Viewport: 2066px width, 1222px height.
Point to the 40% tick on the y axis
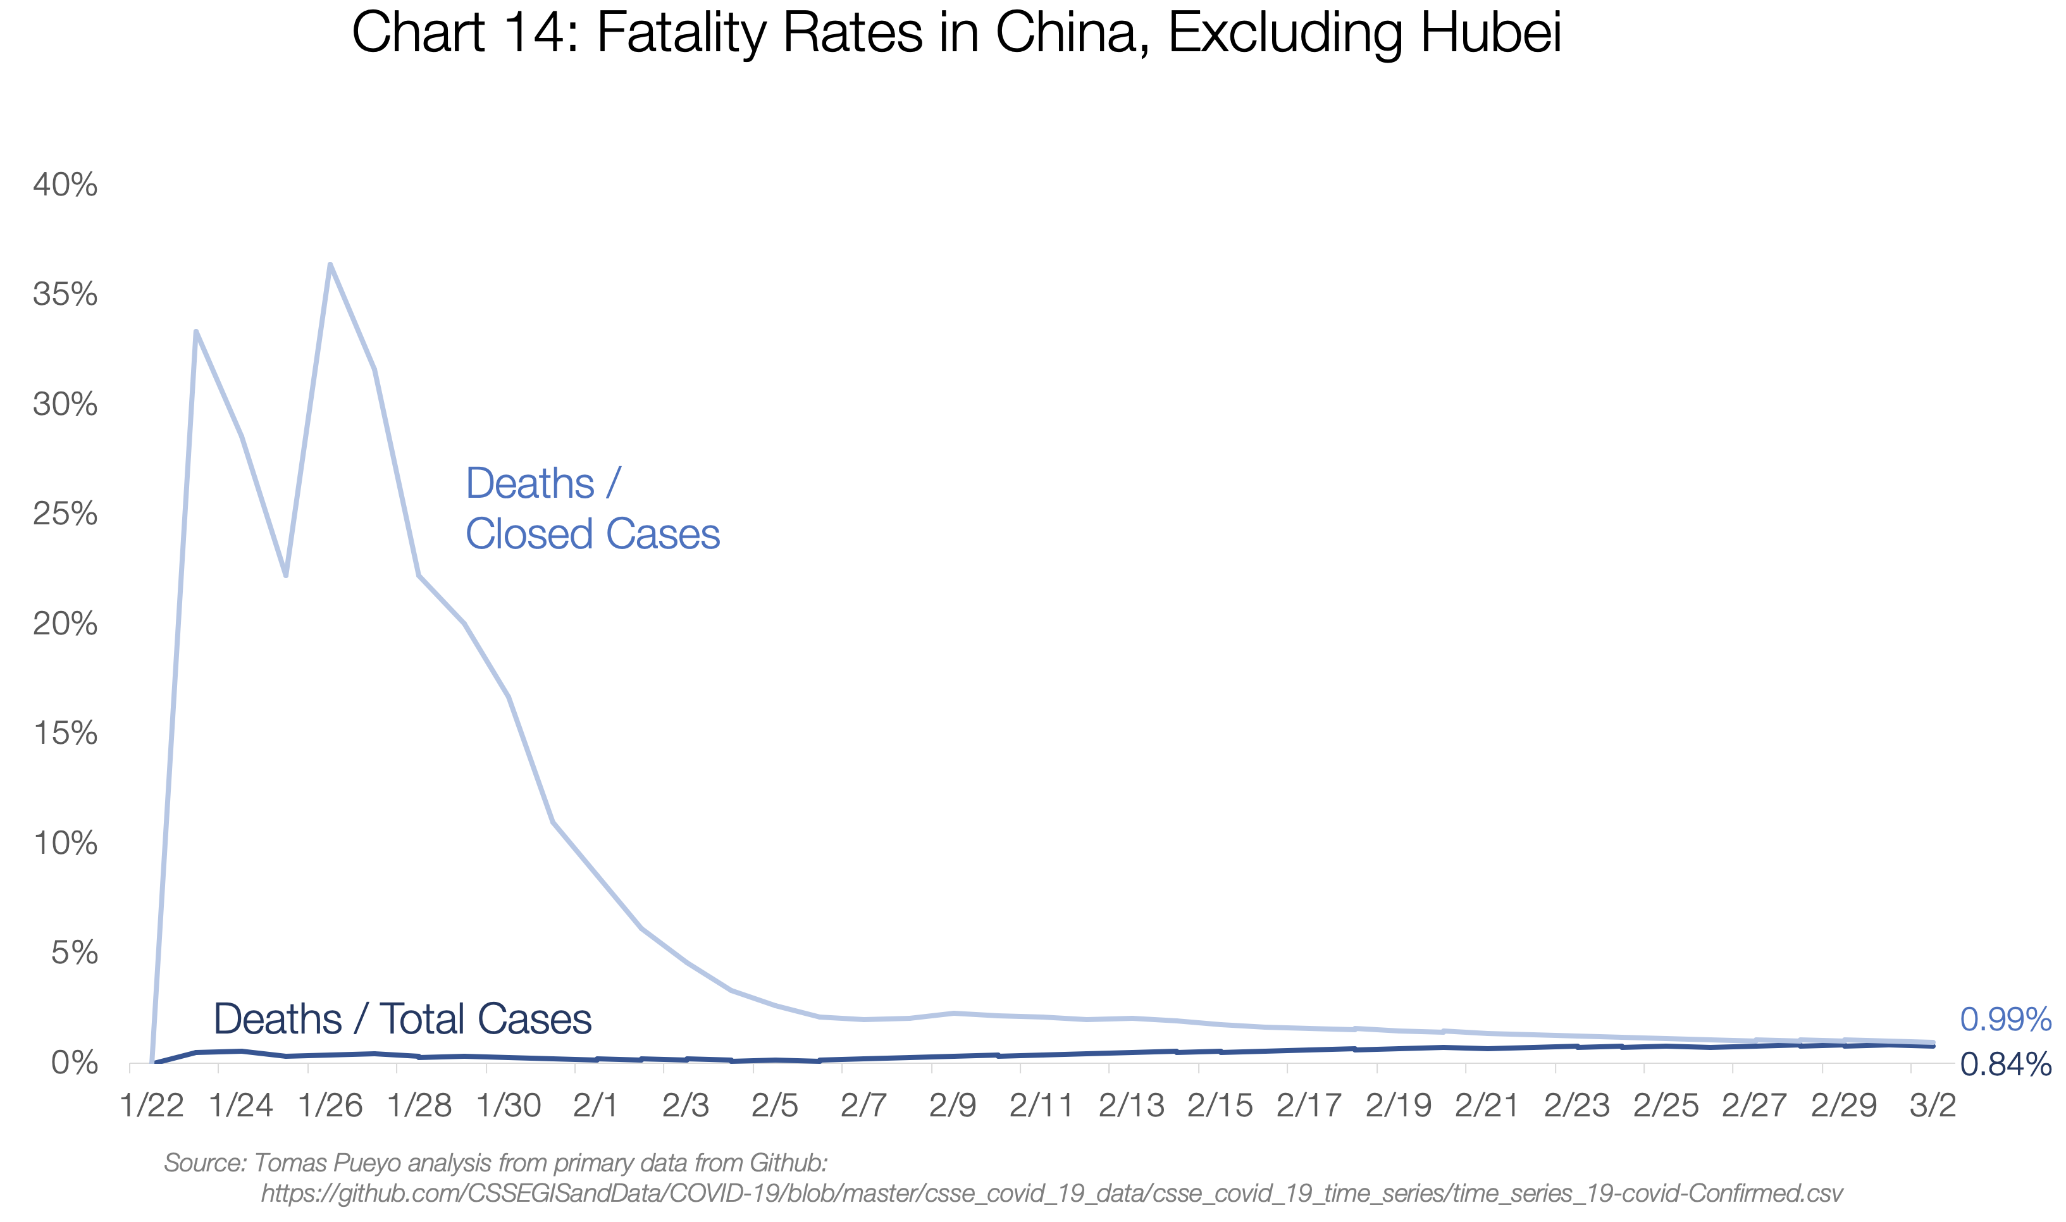[65, 185]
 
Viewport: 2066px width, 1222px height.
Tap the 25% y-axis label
[65, 514]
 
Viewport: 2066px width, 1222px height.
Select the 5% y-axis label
[74, 953]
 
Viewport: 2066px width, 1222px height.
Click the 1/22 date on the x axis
[152, 1105]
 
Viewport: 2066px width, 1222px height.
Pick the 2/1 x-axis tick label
[595, 1105]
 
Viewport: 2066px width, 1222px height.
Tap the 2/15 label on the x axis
[1220, 1105]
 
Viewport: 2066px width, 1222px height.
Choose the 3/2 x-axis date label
[1932, 1105]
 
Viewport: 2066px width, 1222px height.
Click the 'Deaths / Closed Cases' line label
[591, 508]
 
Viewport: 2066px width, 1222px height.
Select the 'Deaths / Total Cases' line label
[402, 1020]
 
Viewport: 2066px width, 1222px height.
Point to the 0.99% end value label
[2004, 1020]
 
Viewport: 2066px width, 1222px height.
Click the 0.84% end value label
[2004, 1065]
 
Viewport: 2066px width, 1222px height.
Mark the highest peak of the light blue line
[330, 265]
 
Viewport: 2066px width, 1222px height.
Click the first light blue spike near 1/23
[195, 332]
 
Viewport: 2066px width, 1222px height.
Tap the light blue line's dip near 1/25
[286, 575]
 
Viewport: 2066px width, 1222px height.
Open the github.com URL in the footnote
[1051, 1193]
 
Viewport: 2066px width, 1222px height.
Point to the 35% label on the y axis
[65, 294]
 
